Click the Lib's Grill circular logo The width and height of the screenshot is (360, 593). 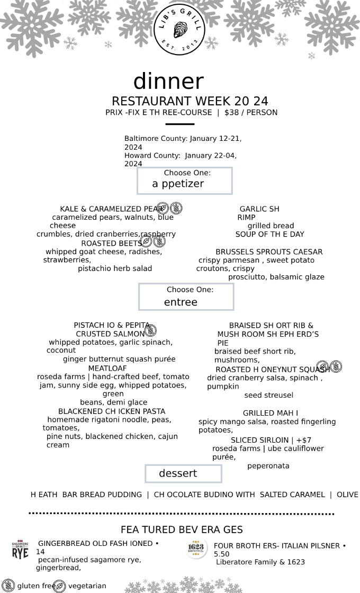179,30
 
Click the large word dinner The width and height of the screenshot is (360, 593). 169,81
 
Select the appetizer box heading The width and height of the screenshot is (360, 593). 178,184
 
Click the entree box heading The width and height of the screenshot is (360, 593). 181,302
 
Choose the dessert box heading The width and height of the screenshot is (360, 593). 178,473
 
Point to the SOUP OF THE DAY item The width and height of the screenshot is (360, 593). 269,234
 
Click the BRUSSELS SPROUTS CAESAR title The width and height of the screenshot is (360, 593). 269,252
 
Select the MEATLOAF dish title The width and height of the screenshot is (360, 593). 107,368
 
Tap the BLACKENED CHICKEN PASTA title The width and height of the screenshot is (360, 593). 112,411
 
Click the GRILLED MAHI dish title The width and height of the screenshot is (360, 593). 271,413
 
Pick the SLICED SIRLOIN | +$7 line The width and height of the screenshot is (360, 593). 271,440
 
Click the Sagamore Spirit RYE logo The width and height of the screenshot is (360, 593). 21,551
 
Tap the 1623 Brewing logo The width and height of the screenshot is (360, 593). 196,549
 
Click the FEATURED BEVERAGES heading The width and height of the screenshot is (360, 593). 182,529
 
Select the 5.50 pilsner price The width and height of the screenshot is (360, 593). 222,554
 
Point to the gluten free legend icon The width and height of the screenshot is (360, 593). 8,586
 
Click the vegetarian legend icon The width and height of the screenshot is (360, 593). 59,586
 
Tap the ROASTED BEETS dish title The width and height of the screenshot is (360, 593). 111,243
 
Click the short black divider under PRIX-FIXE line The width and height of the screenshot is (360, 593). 179,124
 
